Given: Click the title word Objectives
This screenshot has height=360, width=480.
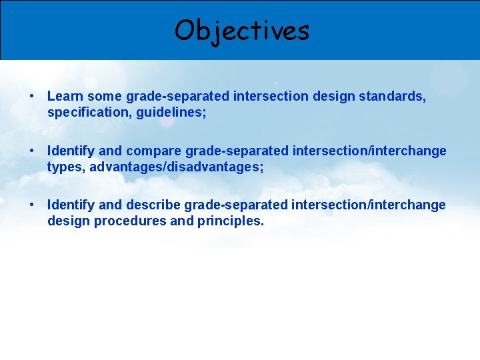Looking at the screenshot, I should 242,30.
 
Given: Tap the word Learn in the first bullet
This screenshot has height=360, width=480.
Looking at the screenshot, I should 65,96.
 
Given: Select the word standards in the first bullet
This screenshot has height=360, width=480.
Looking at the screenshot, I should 392,96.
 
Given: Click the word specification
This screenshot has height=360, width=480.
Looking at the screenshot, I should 89,113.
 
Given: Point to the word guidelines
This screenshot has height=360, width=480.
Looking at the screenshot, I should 171,113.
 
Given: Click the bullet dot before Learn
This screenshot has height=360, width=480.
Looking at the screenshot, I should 32,97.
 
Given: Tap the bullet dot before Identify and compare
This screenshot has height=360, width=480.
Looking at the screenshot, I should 32,151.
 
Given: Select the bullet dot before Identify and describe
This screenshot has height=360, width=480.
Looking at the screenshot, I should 32,205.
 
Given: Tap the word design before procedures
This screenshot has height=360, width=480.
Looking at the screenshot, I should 69,221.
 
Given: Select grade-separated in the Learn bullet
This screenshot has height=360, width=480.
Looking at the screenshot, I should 177,96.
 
